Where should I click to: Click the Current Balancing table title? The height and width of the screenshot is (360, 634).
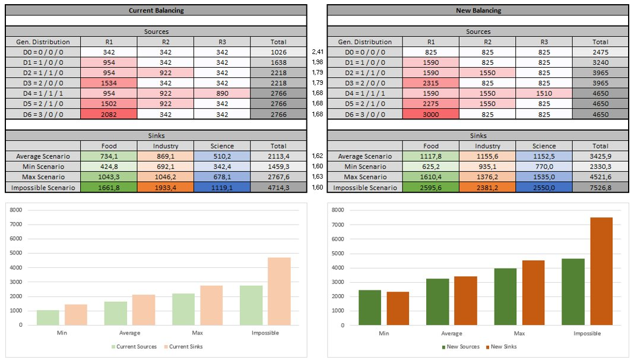(x=156, y=11)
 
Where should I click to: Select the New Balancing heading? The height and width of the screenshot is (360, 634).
(x=478, y=11)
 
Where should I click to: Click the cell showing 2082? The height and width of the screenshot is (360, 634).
(x=109, y=115)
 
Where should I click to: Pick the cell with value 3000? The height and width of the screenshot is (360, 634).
(x=430, y=115)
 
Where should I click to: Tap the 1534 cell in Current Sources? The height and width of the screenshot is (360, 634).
(x=109, y=83)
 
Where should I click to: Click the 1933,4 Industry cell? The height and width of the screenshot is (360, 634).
(x=166, y=187)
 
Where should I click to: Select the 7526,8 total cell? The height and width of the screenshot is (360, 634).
(x=600, y=187)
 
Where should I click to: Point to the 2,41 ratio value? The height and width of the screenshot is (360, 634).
(x=318, y=52)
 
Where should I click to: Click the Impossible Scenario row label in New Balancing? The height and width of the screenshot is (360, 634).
(x=364, y=187)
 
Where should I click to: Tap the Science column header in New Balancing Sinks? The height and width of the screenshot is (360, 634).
(x=544, y=146)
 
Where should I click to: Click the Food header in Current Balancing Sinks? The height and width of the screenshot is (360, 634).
(x=109, y=146)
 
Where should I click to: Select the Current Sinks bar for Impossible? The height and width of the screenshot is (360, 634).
(x=279, y=291)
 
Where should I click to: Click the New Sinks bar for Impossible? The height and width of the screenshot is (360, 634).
(x=601, y=271)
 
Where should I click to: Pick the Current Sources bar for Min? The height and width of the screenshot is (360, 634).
(x=47, y=318)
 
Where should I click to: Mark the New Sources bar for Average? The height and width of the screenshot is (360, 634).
(x=438, y=302)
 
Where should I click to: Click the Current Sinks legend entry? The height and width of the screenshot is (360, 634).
(x=183, y=347)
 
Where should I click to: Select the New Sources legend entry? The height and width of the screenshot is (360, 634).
(x=461, y=347)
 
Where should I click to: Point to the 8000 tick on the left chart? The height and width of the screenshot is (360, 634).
(x=16, y=210)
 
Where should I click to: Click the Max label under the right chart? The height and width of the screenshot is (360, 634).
(x=519, y=333)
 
